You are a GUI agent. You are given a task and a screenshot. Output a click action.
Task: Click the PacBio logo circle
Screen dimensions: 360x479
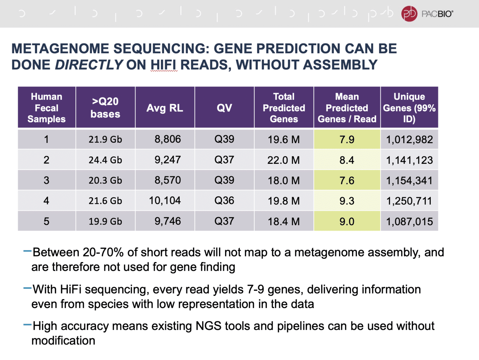409,14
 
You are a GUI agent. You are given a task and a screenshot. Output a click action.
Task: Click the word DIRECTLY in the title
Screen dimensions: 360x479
89,65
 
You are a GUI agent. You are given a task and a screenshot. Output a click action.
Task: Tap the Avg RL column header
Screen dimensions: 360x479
165,108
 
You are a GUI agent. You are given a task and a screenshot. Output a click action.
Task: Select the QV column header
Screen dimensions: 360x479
224,108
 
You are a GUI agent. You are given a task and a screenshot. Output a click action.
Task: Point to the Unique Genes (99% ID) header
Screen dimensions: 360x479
409,108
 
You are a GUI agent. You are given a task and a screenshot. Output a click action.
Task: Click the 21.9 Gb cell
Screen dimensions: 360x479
105,139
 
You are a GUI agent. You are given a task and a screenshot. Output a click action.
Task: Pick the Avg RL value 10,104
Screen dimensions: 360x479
165,201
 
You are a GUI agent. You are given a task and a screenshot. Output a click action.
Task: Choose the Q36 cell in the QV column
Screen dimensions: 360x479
224,201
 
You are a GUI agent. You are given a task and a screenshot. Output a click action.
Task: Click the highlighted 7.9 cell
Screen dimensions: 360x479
347,139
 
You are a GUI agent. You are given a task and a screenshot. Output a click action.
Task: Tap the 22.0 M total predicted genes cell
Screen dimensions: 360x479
283,160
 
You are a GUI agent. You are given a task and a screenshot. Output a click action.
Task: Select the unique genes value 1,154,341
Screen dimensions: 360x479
409,181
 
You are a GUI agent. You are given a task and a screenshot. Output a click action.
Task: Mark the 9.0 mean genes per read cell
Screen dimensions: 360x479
347,221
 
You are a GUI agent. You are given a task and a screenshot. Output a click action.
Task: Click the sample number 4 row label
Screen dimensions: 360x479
46,201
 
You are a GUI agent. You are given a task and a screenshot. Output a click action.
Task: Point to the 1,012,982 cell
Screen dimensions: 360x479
409,139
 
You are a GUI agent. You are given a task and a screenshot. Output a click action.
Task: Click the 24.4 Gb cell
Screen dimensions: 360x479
105,160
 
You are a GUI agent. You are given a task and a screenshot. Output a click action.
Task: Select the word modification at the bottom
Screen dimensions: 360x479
63,341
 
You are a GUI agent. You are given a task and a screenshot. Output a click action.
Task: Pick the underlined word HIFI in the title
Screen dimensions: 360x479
164,65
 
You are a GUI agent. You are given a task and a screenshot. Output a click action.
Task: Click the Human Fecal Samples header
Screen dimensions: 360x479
46,108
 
